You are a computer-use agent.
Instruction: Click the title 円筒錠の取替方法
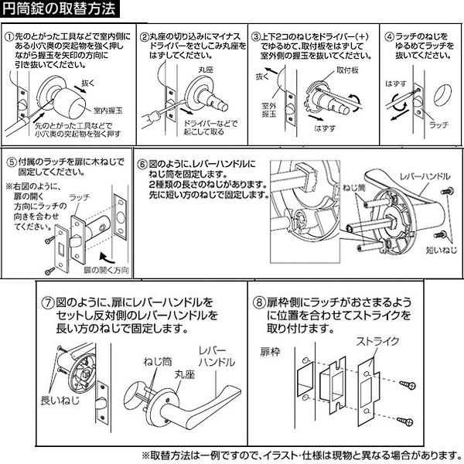click(x=59, y=9)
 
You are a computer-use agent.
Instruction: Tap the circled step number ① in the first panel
click(x=9, y=37)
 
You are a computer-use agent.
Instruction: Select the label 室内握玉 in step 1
click(x=107, y=111)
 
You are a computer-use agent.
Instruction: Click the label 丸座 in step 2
click(x=206, y=70)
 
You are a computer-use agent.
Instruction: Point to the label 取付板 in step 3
click(x=347, y=70)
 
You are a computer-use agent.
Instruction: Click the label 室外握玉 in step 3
click(x=268, y=110)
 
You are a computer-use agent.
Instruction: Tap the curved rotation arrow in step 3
click(x=354, y=103)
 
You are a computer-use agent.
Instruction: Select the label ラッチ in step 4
click(x=438, y=125)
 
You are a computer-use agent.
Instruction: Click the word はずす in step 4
click(x=396, y=84)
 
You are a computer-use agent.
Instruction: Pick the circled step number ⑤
click(x=12, y=162)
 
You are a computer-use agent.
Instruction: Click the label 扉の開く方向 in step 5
click(x=106, y=270)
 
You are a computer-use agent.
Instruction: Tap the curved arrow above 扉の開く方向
click(x=107, y=258)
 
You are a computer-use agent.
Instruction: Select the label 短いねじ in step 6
click(x=442, y=250)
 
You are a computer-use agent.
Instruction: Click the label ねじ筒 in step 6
click(x=354, y=188)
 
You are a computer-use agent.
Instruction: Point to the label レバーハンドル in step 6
click(x=425, y=176)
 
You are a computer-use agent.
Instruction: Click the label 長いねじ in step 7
click(x=60, y=401)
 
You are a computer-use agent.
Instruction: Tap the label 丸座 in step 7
click(x=184, y=374)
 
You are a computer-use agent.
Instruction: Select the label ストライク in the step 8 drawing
click(x=377, y=342)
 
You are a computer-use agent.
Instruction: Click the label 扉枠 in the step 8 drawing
click(x=270, y=352)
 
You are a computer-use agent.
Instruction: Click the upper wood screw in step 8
click(x=408, y=384)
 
